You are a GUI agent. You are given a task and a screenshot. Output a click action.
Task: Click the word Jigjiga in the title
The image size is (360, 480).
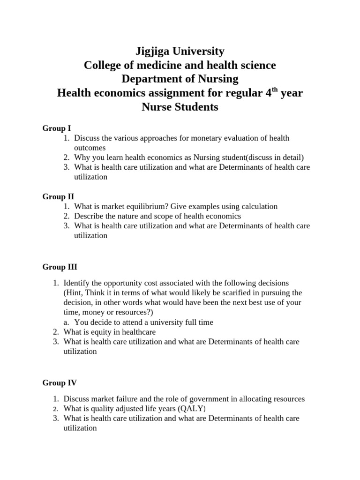coord(154,51)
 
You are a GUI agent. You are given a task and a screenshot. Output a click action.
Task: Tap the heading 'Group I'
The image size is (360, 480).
coord(57,128)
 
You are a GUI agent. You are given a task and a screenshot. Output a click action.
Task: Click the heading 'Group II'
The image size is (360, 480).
coord(58,196)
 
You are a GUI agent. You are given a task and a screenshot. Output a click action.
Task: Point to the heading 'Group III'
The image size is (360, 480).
coord(60,267)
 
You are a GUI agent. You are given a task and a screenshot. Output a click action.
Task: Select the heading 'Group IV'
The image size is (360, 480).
coord(60,383)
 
